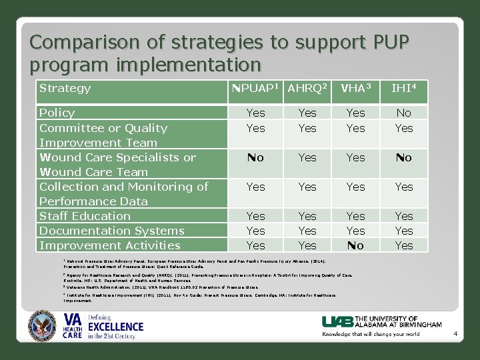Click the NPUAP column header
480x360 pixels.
coord(255,89)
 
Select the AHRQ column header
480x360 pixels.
coord(307,89)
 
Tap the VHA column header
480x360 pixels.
coord(355,89)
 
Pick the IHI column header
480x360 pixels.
coord(404,89)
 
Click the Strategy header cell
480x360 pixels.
coord(65,88)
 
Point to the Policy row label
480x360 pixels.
coord(57,113)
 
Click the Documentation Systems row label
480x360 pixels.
coord(111,231)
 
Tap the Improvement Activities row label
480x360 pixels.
coord(110,245)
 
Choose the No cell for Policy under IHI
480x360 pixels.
coord(404,113)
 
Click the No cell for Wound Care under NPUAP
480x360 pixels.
coord(255,157)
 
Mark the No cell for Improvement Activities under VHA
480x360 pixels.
coord(355,245)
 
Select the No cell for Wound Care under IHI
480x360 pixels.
coord(404,157)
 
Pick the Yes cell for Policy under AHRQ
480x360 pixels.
coord(307,113)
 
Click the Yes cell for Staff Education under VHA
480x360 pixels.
coord(355,216)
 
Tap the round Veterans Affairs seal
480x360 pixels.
coord(43,326)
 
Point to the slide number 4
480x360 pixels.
coord(455,333)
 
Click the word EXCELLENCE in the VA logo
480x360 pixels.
coord(116,326)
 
